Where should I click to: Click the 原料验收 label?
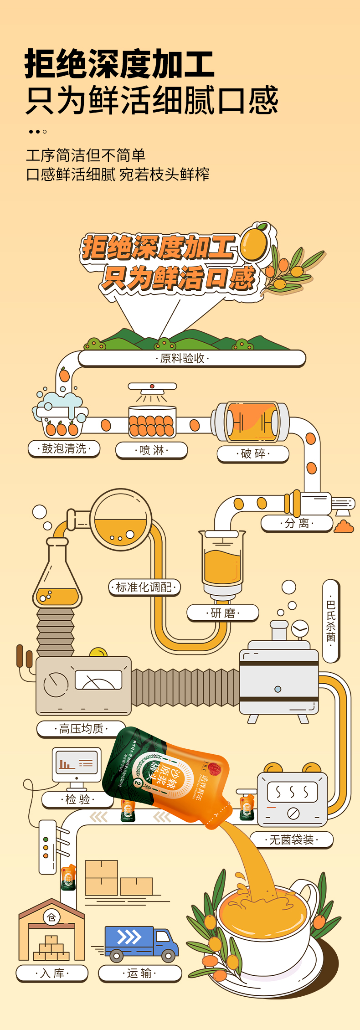[183, 358]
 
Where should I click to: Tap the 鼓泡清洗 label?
[64, 448]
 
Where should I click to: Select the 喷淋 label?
[152, 450]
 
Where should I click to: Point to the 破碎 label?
[253, 453]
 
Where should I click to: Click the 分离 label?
[297, 523]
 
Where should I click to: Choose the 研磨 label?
[223, 613]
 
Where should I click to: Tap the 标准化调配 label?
[144, 587]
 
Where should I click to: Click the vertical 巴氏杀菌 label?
[331, 620]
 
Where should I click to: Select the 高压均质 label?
[81, 729]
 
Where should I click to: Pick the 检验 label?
[77, 799]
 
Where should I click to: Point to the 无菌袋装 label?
[292, 839]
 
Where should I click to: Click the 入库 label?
[52, 973]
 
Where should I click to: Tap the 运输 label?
[139, 973]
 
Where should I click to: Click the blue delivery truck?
[141, 942]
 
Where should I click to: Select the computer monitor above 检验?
[77, 765]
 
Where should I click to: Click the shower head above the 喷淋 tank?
[152, 387]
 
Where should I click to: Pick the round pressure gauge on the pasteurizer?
[300, 629]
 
